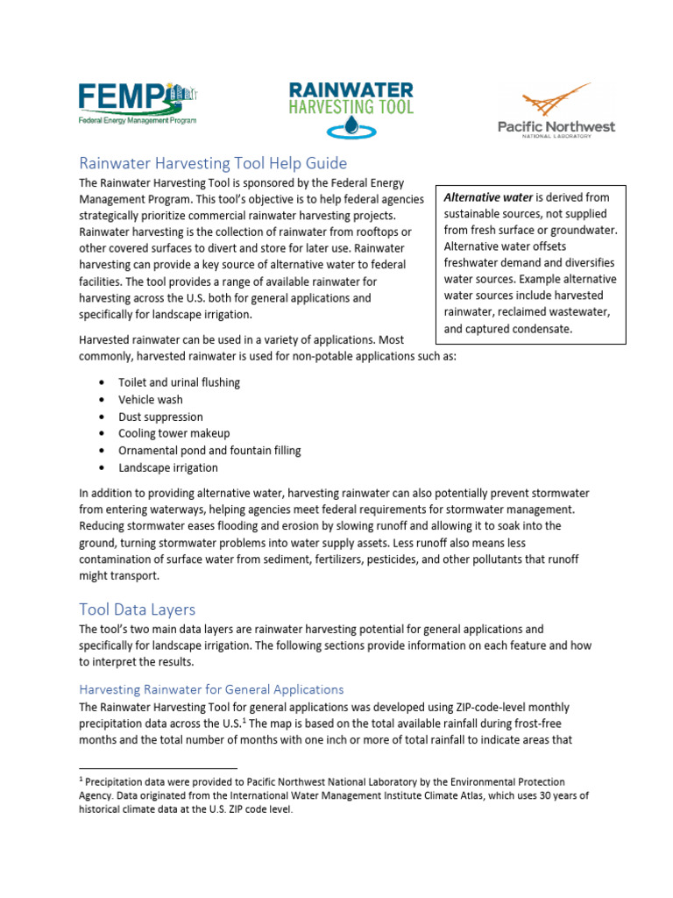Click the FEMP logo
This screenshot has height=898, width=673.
138,103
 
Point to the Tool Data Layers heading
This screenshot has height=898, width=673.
137,609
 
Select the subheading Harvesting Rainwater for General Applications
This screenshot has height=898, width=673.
211,689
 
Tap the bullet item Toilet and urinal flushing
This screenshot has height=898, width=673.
179,382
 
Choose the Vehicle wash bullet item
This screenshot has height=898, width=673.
151,400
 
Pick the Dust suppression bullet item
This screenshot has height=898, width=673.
160,417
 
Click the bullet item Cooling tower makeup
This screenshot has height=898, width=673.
174,433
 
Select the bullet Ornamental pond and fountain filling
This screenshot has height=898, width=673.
209,450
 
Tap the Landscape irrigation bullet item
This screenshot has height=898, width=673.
168,467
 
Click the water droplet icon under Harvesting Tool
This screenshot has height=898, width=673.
351,130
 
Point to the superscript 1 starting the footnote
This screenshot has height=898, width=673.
81,779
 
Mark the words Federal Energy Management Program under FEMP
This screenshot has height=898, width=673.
138,119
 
